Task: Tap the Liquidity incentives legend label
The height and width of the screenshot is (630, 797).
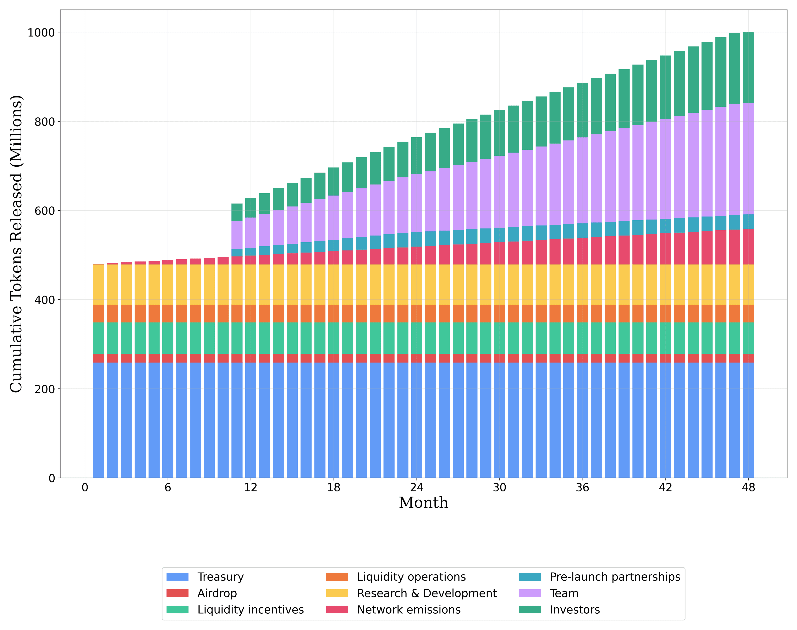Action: (251, 610)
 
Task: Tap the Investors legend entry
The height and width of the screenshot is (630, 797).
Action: (575, 610)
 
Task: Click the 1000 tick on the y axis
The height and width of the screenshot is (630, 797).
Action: (41, 32)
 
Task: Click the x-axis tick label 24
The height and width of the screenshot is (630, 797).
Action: (417, 488)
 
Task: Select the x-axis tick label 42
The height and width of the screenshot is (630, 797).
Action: (665, 488)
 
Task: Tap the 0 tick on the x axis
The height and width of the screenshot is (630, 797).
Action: (85, 488)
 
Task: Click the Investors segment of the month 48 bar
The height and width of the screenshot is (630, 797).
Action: (748, 67)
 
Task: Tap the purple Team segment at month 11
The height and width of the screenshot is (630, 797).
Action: (237, 235)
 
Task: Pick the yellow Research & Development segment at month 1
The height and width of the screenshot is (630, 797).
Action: (99, 284)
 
